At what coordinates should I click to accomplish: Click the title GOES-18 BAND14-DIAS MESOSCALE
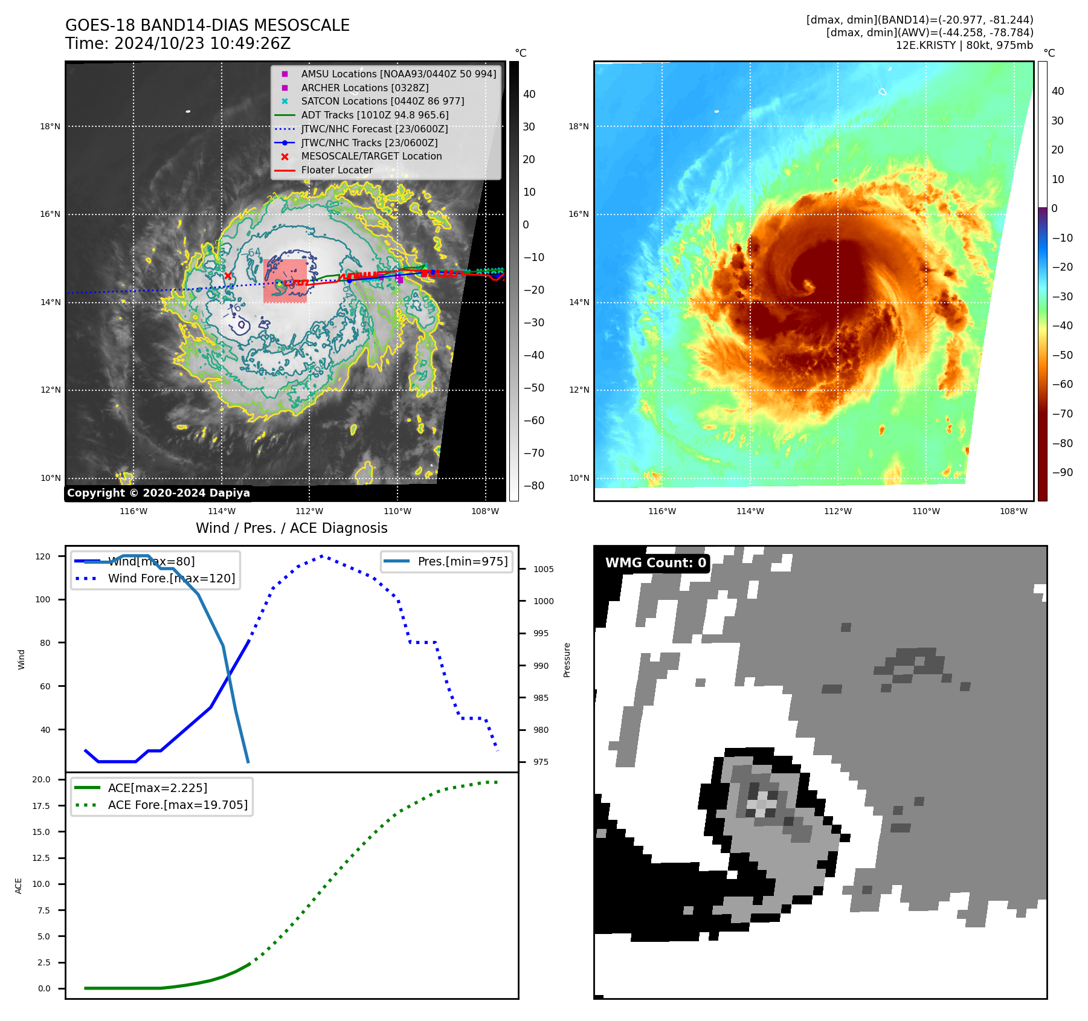(207, 25)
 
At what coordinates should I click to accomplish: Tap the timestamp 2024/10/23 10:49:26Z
(202, 43)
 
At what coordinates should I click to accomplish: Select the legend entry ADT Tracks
(375, 115)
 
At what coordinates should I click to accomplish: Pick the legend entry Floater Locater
(336, 170)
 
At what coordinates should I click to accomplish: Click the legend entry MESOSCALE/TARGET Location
(371, 156)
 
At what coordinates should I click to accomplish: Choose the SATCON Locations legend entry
(382, 101)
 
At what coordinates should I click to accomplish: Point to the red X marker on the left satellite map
(228, 276)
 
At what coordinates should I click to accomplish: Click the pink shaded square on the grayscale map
(285, 281)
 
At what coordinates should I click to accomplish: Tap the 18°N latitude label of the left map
(50, 126)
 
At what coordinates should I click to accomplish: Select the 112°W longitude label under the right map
(837, 511)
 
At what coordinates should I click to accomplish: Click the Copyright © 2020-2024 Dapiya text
(158, 493)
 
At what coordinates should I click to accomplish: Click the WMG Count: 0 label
(655, 563)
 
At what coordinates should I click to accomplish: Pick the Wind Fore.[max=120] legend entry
(171, 578)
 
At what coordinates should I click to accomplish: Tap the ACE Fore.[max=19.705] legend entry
(178, 805)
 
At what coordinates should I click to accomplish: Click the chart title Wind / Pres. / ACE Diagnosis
(291, 528)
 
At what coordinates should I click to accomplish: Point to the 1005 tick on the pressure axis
(543, 569)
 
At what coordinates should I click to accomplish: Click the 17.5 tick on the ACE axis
(41, 805)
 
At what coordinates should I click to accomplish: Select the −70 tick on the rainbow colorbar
(1062, 414)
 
